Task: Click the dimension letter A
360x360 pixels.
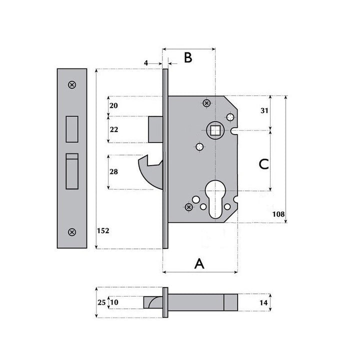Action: (199, 263)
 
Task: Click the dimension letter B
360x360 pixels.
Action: (187, 57)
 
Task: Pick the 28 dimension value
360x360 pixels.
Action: (113, 172)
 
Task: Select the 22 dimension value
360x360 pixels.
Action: (113, 129)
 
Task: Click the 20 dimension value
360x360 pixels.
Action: (113, 105)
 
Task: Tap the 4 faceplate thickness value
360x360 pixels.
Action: (146, 63)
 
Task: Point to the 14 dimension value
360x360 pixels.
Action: (264, 302)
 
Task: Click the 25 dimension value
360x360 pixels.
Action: (101, 302)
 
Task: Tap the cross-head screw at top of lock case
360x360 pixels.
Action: (206, 103)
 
